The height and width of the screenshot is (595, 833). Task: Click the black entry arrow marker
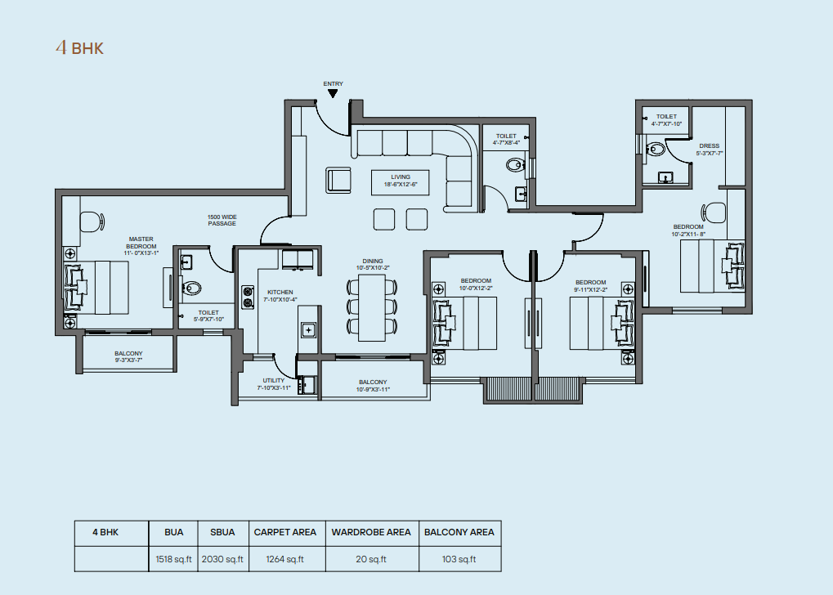point(333,93)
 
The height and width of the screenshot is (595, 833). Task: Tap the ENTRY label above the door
point(333,83)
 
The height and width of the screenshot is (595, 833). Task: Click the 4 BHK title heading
point(79,47)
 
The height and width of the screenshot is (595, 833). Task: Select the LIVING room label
point(401,177)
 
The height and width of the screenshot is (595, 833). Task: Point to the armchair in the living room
point(338,180)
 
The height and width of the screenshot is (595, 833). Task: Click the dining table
point(372,307)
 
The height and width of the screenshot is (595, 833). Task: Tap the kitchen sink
point(309,330)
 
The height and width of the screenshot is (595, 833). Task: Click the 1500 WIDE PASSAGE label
point(222,221)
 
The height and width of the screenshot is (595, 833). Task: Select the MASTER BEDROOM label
point(141,243)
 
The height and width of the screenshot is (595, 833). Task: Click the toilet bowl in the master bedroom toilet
point(191,288)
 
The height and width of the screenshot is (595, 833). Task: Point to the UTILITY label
point(274,380)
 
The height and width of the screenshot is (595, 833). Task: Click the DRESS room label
point(710,145)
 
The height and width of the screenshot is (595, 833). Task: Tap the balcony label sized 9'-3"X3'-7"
point(128,356)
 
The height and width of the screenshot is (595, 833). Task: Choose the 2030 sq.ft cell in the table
point(222,559)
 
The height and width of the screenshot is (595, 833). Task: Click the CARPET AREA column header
point(284,532)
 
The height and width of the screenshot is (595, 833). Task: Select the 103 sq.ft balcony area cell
point(459,559)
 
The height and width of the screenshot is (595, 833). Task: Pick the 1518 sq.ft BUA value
point(174,559)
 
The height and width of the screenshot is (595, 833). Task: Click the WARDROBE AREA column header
point(371,532)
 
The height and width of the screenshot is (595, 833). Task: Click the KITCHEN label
point(280,293)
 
